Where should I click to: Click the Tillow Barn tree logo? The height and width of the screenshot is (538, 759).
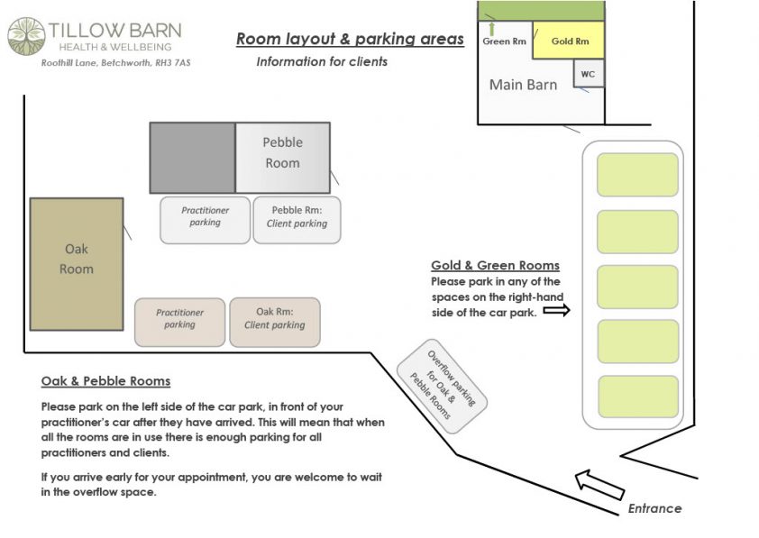click(27, 36)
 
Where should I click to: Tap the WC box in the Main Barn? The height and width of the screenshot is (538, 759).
click(589, 74)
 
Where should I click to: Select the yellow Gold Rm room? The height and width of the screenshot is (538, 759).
click(569, 41)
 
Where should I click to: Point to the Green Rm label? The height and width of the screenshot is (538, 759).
click(504, 41)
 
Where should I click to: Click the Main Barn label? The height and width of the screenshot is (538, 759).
click(523, 85)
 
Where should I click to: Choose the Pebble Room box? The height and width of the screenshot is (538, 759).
click(283, 158)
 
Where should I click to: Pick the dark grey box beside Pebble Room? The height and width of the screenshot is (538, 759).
click(193, 158)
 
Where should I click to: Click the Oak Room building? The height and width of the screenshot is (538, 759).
click(77, 264)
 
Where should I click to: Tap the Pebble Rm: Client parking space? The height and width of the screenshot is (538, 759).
click(297, 220)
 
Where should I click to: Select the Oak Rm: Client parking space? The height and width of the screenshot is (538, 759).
click(274, 323)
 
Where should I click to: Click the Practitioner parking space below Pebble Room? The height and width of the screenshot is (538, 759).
click(206, 220)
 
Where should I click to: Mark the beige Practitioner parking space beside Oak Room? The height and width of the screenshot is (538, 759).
click(179, 323)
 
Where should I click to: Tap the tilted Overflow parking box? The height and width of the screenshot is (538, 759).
click(442, 386)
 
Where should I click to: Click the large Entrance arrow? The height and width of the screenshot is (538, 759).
click(599, 484)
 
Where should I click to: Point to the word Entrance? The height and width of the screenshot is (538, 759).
click(654, 508)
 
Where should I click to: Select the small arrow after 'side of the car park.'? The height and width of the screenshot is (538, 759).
click(557, 310)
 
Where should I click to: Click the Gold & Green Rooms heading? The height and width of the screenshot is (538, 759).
click(495, 265)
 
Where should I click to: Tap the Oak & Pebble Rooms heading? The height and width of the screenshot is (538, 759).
click(105, 381)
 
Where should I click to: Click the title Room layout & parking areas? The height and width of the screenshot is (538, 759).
click(350, 39)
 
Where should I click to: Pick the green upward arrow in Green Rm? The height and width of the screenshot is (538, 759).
click(492, 29)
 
